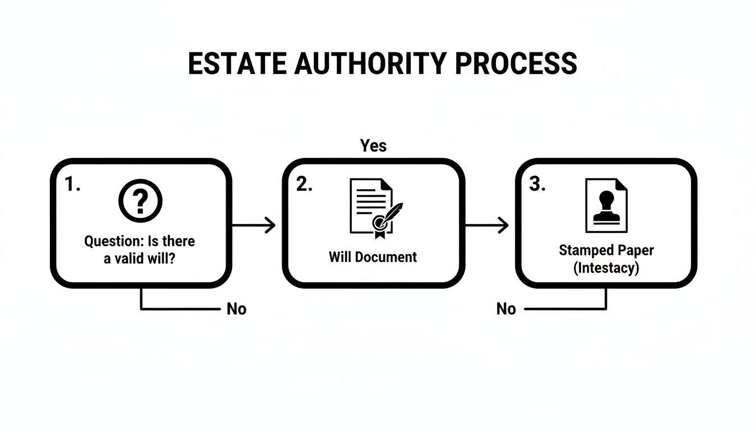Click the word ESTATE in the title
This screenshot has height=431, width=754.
tap(235, 63)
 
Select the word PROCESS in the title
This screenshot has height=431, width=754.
tap(516, 63)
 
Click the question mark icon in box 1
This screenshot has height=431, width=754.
tap(140, 201)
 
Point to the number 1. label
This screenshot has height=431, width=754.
tap(72, 185)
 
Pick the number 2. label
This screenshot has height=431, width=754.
tap(304, 185)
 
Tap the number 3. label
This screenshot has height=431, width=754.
tap(537, 185)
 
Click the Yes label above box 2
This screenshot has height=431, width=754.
tap(373, 146)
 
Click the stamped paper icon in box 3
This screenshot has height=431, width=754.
tap(606, 205)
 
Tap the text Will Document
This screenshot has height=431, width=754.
tap(373, 257)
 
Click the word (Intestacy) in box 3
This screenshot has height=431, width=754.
tap(606, 267)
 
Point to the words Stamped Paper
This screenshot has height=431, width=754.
tap(606, 250)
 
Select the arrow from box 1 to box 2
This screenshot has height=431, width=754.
tap(254, 226)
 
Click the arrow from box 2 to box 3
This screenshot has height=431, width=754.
tap(487, 226)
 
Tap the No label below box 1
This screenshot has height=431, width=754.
tap(236, 309)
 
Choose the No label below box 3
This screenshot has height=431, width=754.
tap(506, 309)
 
